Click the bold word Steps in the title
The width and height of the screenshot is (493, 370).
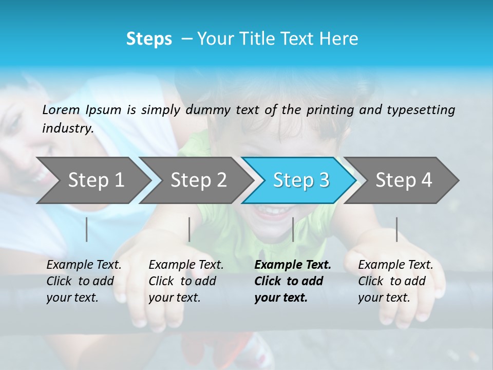coord(149,39)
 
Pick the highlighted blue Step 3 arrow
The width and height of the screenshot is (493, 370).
coord(301,180)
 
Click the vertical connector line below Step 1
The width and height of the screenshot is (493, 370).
coord(87,229)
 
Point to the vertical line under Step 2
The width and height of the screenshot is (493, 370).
coord(189,229)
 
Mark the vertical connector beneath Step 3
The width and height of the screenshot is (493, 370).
coord(293,229)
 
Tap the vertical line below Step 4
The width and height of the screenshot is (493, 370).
coord(396,229)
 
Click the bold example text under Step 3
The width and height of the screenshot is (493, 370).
coord(293,281)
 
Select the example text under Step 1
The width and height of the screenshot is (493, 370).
coord(84,281)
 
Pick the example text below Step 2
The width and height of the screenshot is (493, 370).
coord(186,281)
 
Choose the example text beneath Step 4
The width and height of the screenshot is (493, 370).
coord(395,281)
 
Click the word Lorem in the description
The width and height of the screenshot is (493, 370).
coord(61,109)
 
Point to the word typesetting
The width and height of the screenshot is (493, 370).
coord(421,109)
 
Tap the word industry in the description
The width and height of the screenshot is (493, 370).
coord(67,128)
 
